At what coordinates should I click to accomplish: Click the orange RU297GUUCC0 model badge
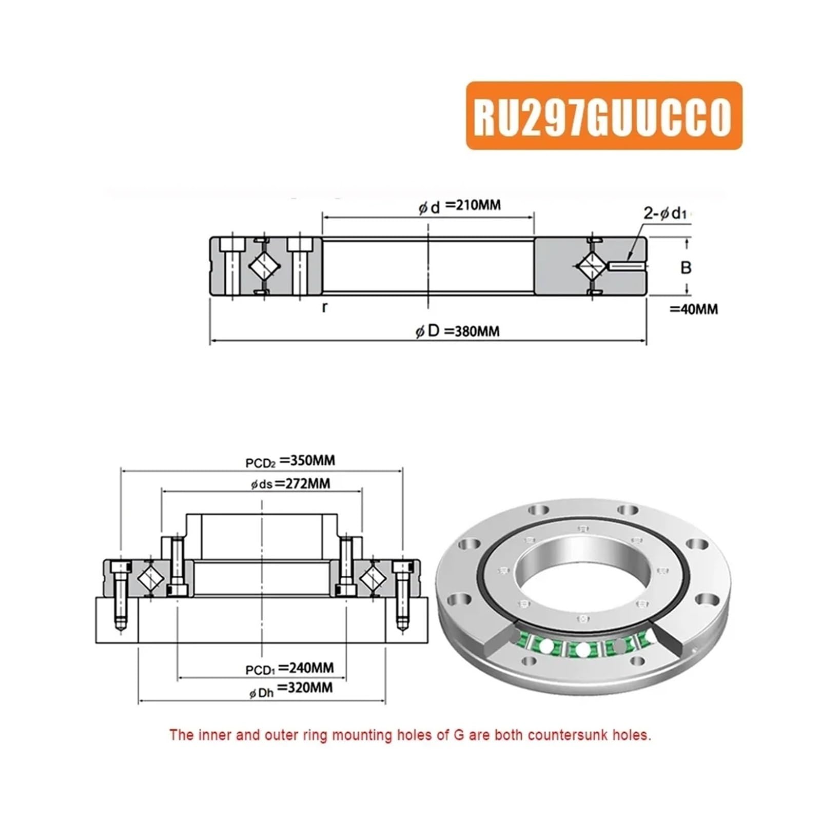(604, 115)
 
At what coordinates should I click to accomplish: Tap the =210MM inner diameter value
(473, 205)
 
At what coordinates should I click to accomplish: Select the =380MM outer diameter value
(471, 331)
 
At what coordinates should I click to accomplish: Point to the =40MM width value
(694, 309)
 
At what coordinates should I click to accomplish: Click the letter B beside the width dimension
(686, 267)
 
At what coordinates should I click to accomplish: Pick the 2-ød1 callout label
(665, 213)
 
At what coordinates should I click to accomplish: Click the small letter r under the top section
(324, 307)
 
